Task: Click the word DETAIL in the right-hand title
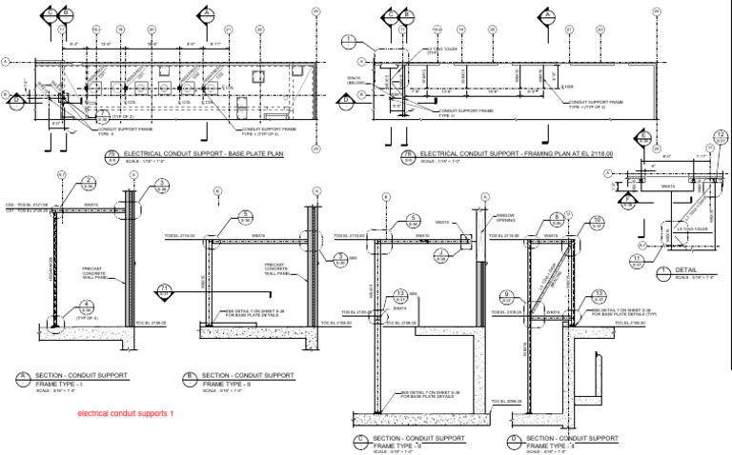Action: [x=687, y=271]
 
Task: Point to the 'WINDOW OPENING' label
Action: [x=504, y=217]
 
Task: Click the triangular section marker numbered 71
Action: [x=164, y=288]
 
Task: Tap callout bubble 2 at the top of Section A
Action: [x=88, y=183]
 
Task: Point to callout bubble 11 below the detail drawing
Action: [x=636, y=260]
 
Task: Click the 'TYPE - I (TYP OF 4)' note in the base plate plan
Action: [x=259, y=134]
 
